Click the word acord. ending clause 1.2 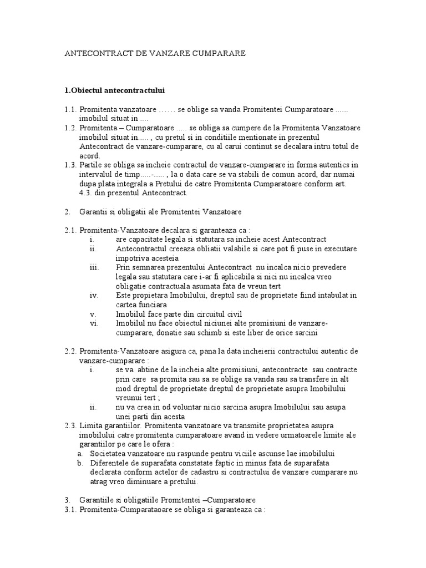(x=90, y=156)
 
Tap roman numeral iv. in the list (x=94, y=295)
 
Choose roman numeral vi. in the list (x=94, y=322)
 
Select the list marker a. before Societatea (x=80, y=453)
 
